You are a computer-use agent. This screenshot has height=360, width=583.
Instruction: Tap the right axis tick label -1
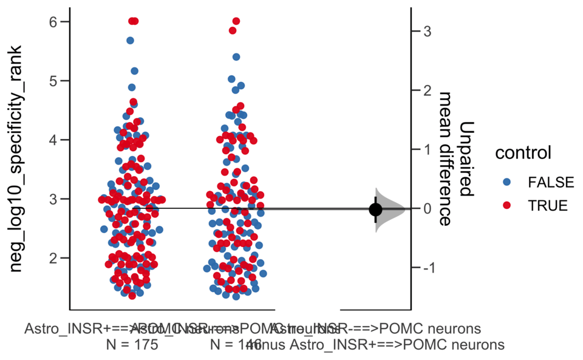[x=424, y=268]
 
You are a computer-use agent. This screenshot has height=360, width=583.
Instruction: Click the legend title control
[x=523, y=153]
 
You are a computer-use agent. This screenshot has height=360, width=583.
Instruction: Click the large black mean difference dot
[x=375, y=209]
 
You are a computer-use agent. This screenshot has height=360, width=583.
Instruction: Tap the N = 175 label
[x=132, y=345]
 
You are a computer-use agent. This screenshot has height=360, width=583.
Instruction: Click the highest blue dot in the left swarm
[x=130, y=41]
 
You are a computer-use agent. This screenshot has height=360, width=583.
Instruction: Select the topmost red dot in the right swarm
[x=236, y=22]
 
